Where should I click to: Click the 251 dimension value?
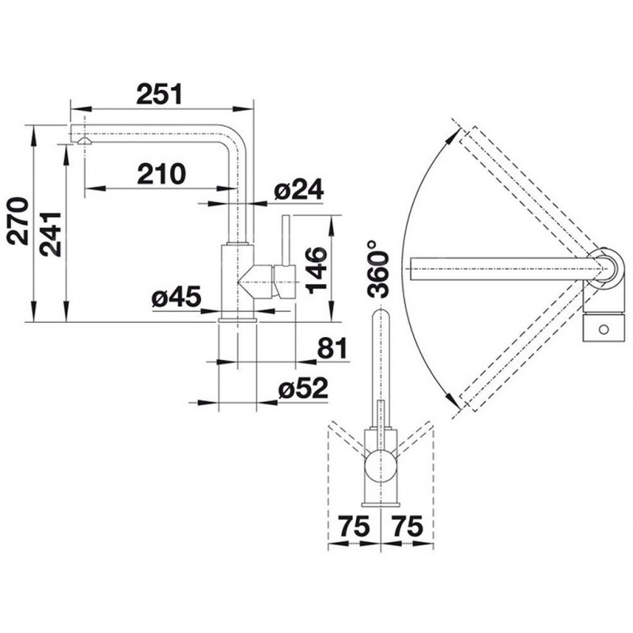coord(160,94)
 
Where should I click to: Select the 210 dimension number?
coord(161,173)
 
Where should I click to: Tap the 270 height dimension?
coord(19,222)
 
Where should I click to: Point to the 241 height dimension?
coord(51,234)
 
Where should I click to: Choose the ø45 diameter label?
coord(176,298)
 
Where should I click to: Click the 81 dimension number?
coord(332,348)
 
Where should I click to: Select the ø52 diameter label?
coord(303,388)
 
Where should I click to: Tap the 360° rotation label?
coord(378,268)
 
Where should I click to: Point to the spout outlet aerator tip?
coord(85,141)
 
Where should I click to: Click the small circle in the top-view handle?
coord(604,329)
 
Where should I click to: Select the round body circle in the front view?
coord(380,468)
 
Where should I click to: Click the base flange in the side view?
coord(237,320)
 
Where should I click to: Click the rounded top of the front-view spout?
coord(380,311)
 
